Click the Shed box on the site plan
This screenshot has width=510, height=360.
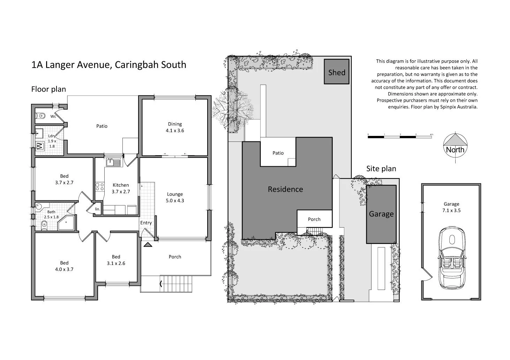pyautogui.click(x=337, y=72)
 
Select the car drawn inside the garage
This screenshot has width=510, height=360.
pyautogui.click(x=452, y=258)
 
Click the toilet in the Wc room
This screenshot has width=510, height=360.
pyautogui.click(x=41, y=115)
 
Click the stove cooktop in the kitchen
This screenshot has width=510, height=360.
pyautogui.click(x=100, y=186)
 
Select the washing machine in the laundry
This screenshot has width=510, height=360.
pyautogui.click(x=39, y=146)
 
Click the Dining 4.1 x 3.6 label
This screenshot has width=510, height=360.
pyautogui.click(x=175, y=127)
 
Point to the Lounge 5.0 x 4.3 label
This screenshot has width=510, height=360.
pyautogui.click(x=175, y=197)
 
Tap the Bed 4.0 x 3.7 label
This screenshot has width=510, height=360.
pyautogui.click(x=64, y=266)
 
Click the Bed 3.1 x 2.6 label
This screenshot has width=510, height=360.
pyautogui.click(x=116, y=260)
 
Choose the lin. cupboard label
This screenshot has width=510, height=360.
pyautogui.click(x=98, y=209)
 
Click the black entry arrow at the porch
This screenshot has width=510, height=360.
pyautogui.click(x=148, y=245)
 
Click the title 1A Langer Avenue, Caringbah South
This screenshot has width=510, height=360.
pyautogui.click(x=109, y=65)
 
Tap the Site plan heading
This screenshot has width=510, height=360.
pyautogui.click(x=381, y=169)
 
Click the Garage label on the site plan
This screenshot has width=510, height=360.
pyautogui.click(x=381, y=214)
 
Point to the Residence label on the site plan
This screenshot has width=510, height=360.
pyautogui.click(x=285, y=189)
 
